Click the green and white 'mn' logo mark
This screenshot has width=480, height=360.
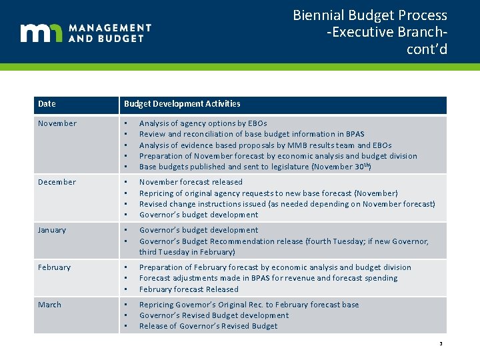click(41, 33)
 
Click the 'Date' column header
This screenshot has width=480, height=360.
click(47, 104)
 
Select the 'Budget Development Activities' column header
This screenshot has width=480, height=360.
click(182, 104)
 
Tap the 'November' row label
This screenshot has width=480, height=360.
click(57, 123)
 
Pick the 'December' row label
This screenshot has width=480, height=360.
click(57, 182)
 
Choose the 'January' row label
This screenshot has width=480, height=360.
click(52, 230)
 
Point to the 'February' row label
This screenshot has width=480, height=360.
click(54, 267)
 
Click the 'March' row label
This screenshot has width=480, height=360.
click(49, 305)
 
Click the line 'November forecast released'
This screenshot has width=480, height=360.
click(191, 182)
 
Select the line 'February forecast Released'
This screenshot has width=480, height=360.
click(189, 289)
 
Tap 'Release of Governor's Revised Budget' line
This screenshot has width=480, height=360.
click(208, 326)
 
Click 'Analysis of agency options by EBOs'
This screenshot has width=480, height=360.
click(203, 123)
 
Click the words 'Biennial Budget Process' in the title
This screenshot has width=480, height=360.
click(370, 15)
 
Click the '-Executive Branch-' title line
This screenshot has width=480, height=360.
click(387, 33)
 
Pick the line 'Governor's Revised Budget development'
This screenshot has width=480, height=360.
click(214, 315)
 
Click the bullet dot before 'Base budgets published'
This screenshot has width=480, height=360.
click(125, 167)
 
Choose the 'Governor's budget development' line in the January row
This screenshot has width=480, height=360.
click(199, 230)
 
